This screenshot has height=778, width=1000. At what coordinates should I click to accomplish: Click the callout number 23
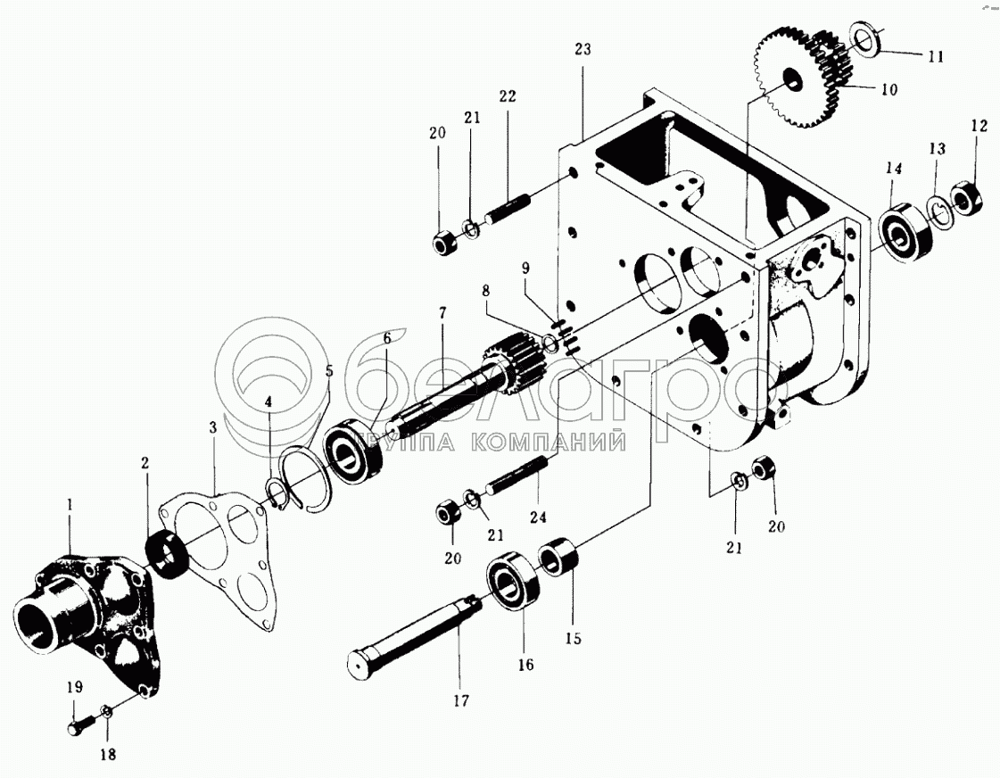(x=583, y=50)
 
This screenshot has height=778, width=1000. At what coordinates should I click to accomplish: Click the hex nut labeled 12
(x=967, y=197)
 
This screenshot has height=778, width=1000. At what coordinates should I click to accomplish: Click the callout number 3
(x=212, y=428)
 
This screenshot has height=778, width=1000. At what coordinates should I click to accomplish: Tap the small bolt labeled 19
(x=77, y=727)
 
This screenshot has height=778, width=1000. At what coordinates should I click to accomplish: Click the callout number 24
(x=539, y=516)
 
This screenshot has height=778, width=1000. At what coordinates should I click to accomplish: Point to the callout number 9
(x=526, y=267)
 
